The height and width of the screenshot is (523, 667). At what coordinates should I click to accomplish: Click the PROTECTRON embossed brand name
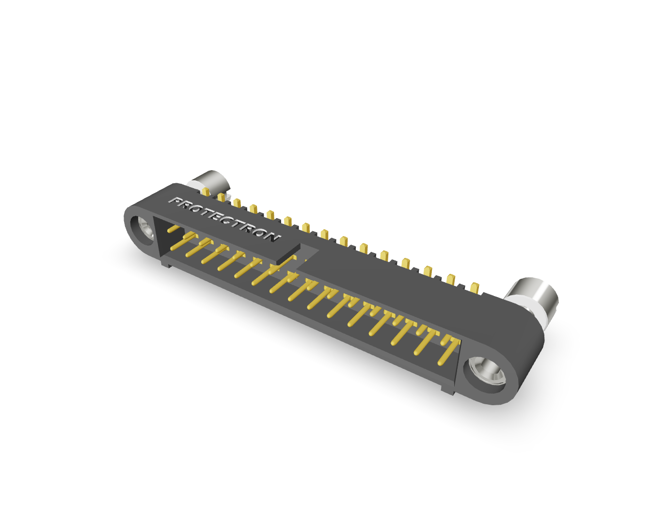tap(225, 219)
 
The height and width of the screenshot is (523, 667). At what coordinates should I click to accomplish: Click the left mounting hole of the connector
tap(143, 231)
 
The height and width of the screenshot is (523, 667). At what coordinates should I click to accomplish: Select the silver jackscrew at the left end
tap(212, 181)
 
